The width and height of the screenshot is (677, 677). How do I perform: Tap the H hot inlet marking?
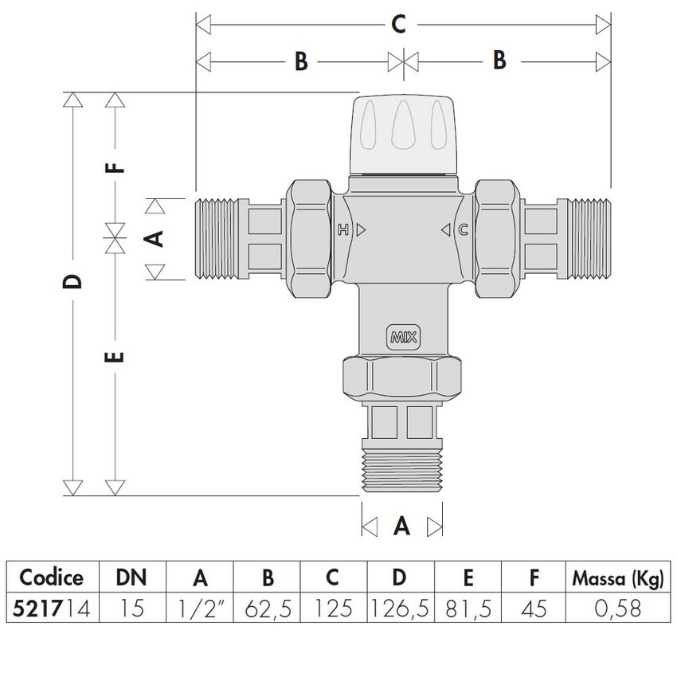point(344,231)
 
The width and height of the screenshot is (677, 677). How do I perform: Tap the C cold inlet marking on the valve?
point(463,231)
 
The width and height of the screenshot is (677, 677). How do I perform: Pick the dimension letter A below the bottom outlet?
point(402,526)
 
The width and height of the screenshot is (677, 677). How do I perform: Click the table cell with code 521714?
point(52,609)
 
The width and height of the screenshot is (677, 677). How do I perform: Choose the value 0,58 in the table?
point(617,609)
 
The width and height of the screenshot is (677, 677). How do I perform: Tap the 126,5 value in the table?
point(399,609)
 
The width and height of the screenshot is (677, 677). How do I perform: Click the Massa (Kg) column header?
point(617,578)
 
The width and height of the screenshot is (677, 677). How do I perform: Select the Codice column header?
point(52,578)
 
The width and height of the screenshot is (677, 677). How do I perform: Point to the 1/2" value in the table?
point(199,609)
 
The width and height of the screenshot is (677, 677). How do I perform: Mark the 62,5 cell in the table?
point(268,609)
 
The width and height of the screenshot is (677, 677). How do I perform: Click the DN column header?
point(131,578)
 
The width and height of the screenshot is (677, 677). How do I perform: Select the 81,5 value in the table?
point(466,609)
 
